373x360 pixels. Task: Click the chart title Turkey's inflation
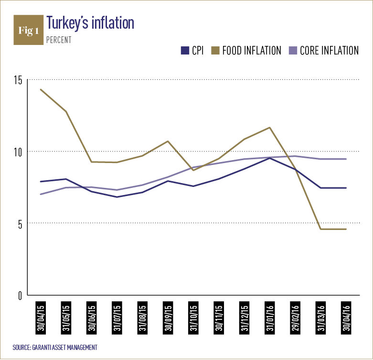(90, 22)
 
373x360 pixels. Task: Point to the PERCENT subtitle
(59, 41)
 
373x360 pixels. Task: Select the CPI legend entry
(192, 51)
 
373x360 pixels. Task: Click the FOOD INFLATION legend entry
(247, 51)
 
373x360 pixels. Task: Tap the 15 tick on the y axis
(18, 80)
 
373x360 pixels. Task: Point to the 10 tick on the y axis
(18, 152)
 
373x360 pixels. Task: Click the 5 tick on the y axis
(20, 223)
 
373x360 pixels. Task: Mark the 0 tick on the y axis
(20, 295)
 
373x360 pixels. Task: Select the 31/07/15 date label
(117, 319)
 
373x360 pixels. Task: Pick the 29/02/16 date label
(295, 319)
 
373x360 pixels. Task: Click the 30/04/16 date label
(346, 319)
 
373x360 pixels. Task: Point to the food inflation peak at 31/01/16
(270, 128)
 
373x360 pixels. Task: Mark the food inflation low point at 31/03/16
(321, 229)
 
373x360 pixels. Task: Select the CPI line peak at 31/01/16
(270, 158)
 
